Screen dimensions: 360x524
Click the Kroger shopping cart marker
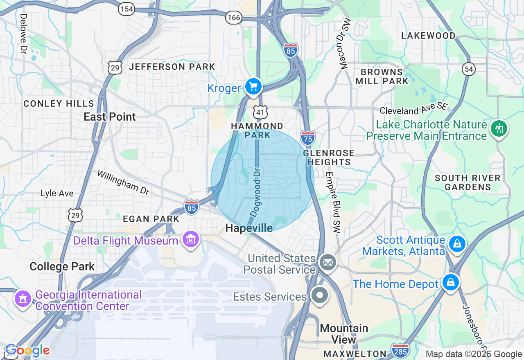253,87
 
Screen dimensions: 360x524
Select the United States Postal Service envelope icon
327,263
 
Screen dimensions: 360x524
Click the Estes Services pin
320,295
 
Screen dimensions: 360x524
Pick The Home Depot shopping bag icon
450,283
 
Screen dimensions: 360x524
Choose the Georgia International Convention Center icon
23,299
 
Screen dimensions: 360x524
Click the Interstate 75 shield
307,138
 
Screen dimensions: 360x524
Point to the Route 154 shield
127,10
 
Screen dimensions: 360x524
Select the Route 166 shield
234,18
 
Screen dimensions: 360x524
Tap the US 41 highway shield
260,111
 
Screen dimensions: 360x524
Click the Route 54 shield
469,69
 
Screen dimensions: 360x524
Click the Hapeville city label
249,228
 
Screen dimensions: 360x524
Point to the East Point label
110,117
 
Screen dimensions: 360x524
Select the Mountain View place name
344,334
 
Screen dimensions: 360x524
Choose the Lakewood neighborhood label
428,36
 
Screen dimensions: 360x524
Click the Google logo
27,351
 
